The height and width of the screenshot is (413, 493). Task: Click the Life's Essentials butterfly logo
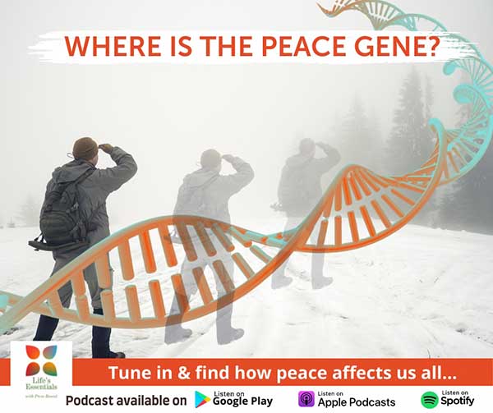(40, 360)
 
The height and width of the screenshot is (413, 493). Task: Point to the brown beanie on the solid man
(85, 148)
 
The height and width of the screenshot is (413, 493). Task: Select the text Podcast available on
(125, 400)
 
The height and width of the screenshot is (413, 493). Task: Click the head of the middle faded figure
(211, 158)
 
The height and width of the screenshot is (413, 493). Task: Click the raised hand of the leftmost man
(105, 149)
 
